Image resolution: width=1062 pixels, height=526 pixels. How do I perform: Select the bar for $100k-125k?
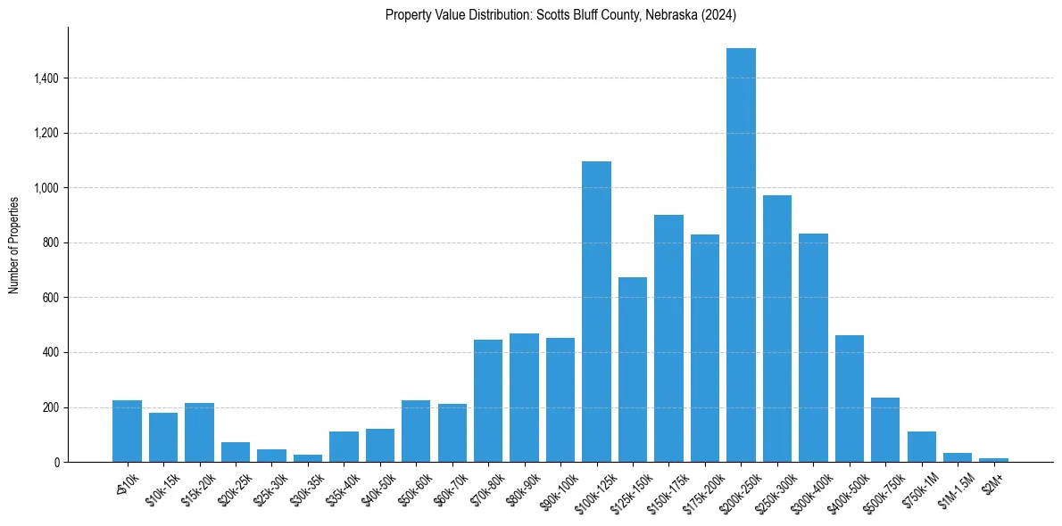click(596, 312)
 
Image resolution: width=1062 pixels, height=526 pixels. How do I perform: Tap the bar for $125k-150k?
click(633, 370)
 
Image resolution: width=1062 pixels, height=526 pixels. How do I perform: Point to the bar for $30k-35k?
click(308, 458)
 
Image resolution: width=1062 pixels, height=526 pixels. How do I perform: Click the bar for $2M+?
click(994, 460)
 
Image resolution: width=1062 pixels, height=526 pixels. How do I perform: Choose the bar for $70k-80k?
click(488, 401)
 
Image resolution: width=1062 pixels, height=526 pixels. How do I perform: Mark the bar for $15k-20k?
click(200, 432)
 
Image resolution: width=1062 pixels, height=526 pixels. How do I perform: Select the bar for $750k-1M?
click(922, 447)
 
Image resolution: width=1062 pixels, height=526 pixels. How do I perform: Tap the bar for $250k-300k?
click(777, 329)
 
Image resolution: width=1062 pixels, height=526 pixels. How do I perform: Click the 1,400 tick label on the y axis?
click(46, 78)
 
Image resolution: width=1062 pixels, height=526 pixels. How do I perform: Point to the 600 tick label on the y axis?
click(50, 298)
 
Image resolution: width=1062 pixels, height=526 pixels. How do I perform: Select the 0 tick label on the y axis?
click(56, 462)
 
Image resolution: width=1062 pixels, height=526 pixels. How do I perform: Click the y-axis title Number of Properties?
click(13, 244)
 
